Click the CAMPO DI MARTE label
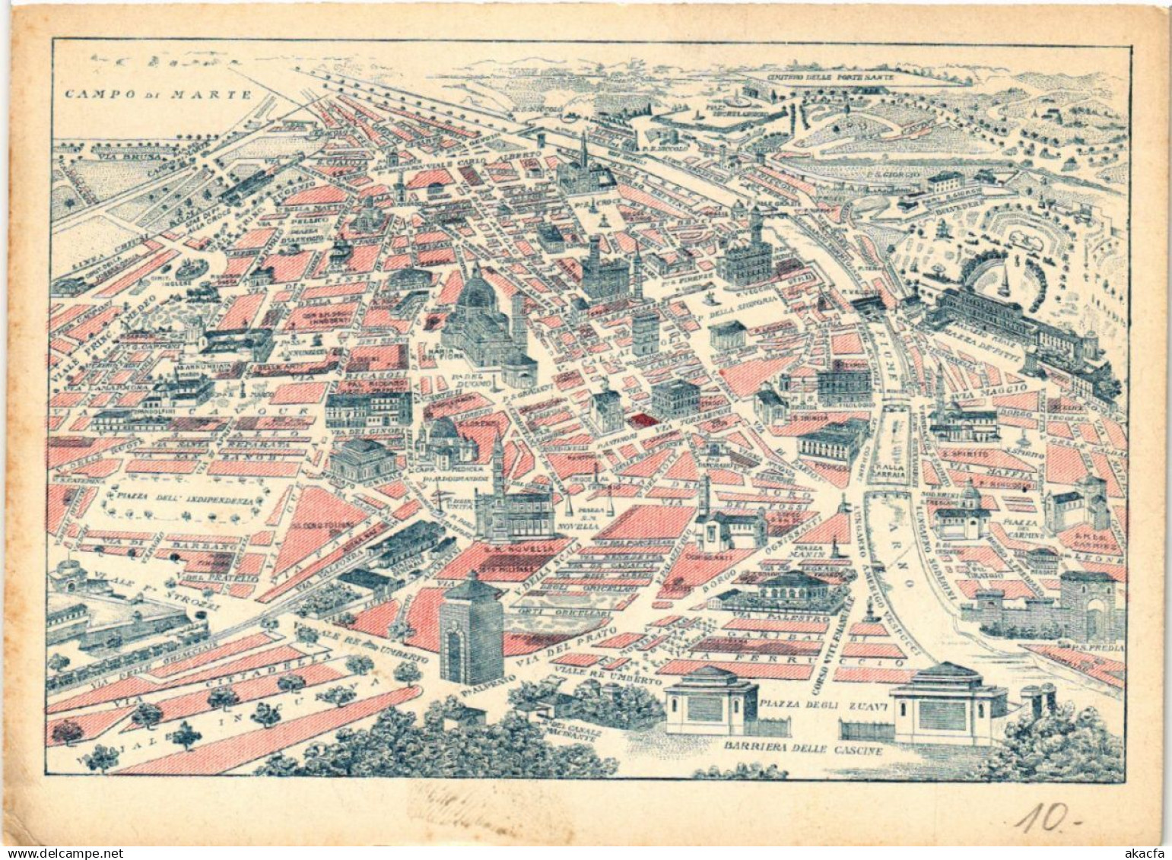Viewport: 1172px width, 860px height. click(157, 94)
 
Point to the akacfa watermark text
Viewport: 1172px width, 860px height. click(1146, 852)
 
